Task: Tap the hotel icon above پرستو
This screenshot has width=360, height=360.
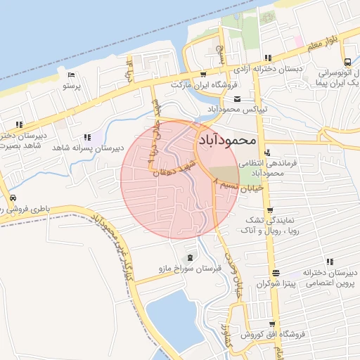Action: click(x=71, y=75)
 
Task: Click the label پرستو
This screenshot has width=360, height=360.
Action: click(x=72, y=86)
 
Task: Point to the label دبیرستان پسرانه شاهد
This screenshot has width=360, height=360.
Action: click(x=89, y=148)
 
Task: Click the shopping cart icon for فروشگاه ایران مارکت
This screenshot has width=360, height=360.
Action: click(x=203, y=74)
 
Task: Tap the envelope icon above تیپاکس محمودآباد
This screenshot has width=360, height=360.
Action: click(x=237, y=98)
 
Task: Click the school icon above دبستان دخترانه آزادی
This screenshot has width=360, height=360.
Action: click(x=267, y=58)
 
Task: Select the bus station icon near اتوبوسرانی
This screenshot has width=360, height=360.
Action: click(x=348, y=60)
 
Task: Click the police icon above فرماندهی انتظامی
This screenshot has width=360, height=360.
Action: click(x=266, y=153)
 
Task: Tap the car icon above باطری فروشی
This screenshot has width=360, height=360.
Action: click(x=13, y=198)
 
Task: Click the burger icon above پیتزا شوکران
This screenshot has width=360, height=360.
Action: click(x=276, y=273)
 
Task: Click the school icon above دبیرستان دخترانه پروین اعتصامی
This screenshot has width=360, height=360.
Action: click(x=330, y=262)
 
